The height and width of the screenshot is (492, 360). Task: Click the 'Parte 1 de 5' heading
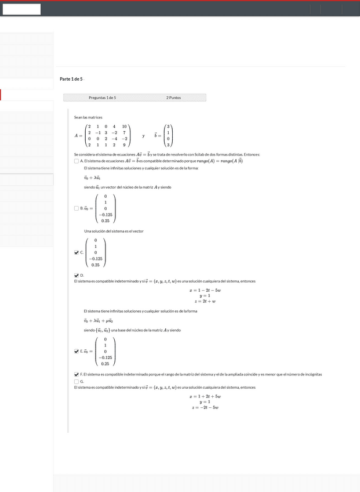pyautogui.click(x=71, y=79)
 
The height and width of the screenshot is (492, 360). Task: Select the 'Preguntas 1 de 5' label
pyautogui.click(x=102, y=97)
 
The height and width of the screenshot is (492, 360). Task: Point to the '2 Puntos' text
pyautogui.click(x=173, y=97)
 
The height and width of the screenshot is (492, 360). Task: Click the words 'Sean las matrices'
pyautogui.click(x=88, y=117)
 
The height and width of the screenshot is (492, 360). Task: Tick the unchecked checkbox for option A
pyautogui.click(x=77, y=161)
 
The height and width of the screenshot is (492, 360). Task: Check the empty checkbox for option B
pyautogui.click(x=77, y=208)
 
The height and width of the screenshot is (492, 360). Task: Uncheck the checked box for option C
pyautogui.click(x=77, y=252)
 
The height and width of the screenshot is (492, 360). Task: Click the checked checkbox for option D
pyautogui.click(x=77, y=275)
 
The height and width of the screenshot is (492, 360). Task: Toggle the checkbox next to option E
pyautogui.click(x=77, y=351)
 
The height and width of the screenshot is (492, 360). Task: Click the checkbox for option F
pyautogui.click(x=77, y=374)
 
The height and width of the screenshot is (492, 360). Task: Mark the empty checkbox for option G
pyautogui.click(x=77, y=381)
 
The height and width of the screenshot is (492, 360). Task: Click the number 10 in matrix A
pyautogui.click(x=124, y=126)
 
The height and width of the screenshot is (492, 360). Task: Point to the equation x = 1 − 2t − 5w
pyautogui.click(x=205, y=290)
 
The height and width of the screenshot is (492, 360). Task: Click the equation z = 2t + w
pyautogui.click(x=205, y=301)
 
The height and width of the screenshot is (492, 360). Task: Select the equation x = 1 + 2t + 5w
pyautogui.click(x=205, y=396)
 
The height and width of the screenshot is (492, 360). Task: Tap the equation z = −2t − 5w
pyautogui.click(x=205, y=407)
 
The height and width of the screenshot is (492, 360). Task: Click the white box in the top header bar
pyautogui.click(x=21, y=9)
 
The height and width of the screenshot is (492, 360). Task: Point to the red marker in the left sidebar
pyautogui.click(x=1, y=95)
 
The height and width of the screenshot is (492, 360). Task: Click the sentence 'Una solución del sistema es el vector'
pyautogui.click(x=114, y=231)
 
